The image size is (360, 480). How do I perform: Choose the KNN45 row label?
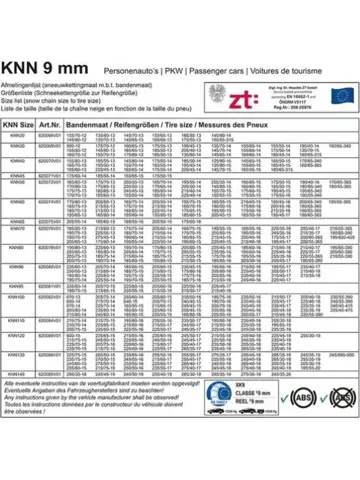point(17,176)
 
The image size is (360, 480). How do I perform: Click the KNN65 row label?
point(17,220)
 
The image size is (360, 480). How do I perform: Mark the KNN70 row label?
point(17,229)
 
